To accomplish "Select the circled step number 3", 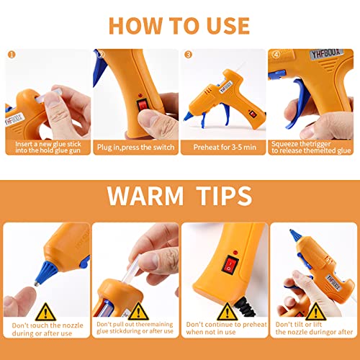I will pos(188,54).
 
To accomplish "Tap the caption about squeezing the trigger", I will pos(311,147).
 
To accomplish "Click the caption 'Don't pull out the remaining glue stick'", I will pos(135,328).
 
